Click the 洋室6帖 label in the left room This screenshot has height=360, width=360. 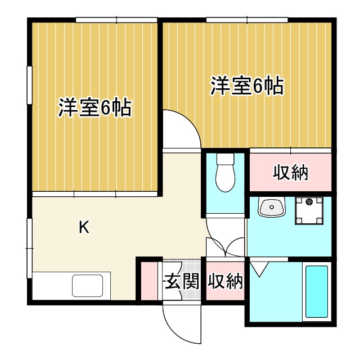94,107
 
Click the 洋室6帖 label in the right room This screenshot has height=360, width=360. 246,87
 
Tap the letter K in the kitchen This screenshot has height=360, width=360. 83,228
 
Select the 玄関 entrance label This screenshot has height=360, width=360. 182,281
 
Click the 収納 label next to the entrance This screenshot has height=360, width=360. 225,281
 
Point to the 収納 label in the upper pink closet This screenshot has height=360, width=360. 290,173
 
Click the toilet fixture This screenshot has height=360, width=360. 225,172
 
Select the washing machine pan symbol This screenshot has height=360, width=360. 308,210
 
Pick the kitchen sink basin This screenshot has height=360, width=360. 90,286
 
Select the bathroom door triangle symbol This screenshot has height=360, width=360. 258,268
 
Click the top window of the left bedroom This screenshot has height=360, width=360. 116,20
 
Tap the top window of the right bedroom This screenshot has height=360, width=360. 247,20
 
